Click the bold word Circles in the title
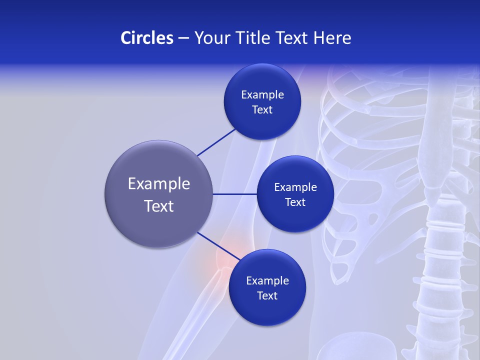[x=147, y=38]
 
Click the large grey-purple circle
[x=159, y=165]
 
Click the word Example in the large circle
[x=159, y=184]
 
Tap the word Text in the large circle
[x=159, y=206]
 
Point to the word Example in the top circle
[x=262, y=95]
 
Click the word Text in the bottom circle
[x=267, y=296]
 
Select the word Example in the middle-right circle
[x=295, y=187]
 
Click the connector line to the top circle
[x=216, y=142]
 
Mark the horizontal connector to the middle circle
[x=235, y=194]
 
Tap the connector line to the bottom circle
[x=218, y=246]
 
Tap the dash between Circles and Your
[x=183, y=38]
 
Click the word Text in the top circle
[x=262, y=110]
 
